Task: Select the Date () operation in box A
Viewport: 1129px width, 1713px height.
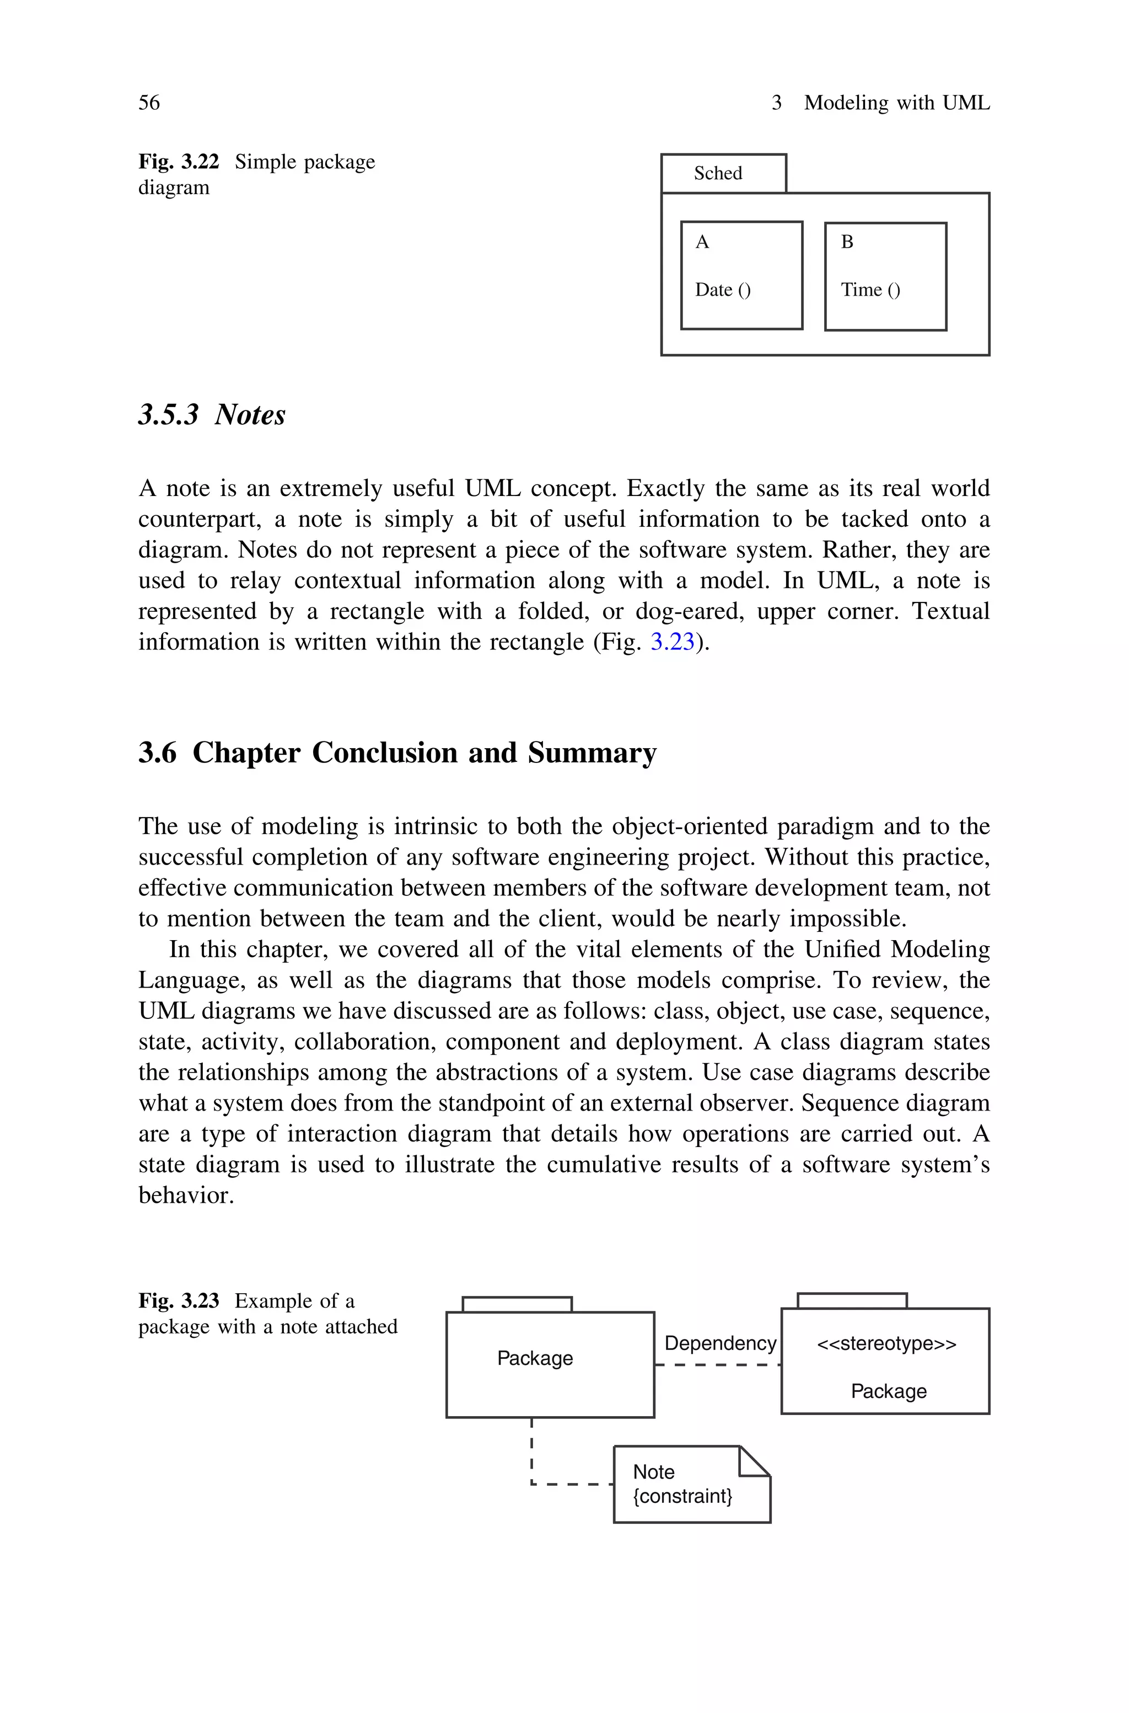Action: [x=722, y=290]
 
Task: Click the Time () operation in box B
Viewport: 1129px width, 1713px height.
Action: [x=870, y=290]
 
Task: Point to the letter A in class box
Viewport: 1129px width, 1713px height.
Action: [x=702, y=242]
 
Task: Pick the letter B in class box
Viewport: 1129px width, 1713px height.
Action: [x=847, y=242]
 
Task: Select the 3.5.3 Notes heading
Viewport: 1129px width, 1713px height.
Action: [x=212, y=414]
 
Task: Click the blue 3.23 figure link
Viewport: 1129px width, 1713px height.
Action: [x=673, y=641]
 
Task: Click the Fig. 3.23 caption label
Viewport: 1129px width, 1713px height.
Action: [x=179, y=1301]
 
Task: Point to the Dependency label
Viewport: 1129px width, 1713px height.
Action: [x=720, y=1343]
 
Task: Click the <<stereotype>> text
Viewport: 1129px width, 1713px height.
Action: [x=886, y=1343]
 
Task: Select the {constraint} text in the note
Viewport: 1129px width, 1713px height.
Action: [x=682, y=1496]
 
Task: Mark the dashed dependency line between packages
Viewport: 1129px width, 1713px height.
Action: [x=718, y=1364]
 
